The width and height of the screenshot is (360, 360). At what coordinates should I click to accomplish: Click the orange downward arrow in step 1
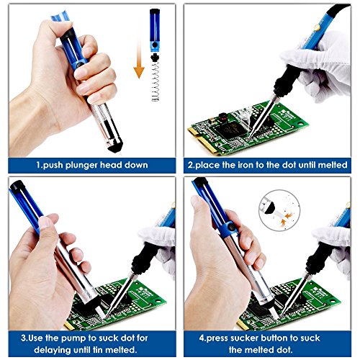tap(139, 60)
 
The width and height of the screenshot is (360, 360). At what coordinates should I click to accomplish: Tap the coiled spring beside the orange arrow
tap(156, 81)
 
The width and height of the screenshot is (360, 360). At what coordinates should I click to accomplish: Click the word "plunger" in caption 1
tap(81, 166)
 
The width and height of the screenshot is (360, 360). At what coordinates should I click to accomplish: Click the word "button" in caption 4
tap(274, 338)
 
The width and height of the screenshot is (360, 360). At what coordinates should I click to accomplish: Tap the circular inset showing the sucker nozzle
tap(279, 210)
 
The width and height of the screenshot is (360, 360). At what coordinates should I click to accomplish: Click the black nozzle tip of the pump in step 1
tap(115, 147)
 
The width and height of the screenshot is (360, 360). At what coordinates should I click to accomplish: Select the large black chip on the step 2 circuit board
tap(230, 130)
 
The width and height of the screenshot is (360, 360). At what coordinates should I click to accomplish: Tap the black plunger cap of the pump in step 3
tap(17, 186)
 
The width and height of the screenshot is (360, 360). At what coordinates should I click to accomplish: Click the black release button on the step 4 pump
tap(231, 227)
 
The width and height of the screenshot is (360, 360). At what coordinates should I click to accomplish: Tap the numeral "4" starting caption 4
tap(202, 338)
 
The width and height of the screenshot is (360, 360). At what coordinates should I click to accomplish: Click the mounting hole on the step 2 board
tap(300, 124)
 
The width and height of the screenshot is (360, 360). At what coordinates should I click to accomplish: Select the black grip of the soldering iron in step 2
tap(287, 78)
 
